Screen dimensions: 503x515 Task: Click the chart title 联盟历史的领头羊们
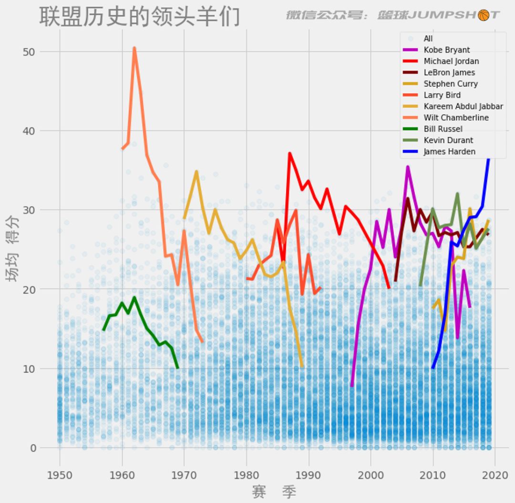[139, 16]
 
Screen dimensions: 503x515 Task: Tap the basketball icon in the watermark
[483, 15]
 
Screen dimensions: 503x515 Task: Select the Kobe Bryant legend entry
[446, 50]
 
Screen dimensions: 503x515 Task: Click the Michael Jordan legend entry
[451, 61]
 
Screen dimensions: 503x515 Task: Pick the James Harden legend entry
[449, 152]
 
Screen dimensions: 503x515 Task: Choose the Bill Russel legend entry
[443, 129]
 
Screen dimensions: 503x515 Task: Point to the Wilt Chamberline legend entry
[456, 118]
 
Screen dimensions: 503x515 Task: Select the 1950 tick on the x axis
[60, 475]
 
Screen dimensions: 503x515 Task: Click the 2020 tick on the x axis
[495, 475]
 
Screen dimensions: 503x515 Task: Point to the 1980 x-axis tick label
[246, 475]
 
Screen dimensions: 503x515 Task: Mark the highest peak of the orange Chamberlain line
[134, 48]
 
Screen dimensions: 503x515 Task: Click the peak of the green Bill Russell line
[134, 298]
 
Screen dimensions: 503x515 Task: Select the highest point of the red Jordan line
[289, 154]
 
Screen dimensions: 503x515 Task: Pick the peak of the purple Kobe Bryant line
[408, 167]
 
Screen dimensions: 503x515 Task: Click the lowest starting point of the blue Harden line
[433, 368]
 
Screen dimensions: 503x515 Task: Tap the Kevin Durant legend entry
[448, 140]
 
